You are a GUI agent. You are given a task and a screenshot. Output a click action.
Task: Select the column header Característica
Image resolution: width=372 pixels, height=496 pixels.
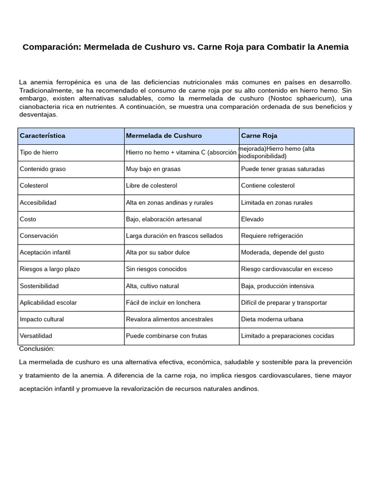pos(42,136)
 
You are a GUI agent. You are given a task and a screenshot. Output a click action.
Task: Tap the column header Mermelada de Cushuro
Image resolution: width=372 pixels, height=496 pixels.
pos(164,136)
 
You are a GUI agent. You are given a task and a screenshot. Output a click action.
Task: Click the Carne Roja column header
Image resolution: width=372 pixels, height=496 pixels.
pos(259,136)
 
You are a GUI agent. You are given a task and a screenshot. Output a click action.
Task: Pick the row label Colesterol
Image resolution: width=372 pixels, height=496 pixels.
pos(34,186)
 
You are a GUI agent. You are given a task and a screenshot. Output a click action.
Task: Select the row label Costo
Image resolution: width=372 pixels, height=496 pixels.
pos(28,219)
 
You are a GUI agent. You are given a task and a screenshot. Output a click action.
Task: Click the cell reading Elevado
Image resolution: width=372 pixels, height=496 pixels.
pos(252,219)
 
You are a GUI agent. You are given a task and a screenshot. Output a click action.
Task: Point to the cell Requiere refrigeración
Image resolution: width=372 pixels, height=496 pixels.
pos(272,235)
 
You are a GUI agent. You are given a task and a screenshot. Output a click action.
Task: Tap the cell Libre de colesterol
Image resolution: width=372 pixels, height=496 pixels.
pos(152,186)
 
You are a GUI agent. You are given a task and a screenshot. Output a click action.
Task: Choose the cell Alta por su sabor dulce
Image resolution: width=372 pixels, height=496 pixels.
pos(158,252)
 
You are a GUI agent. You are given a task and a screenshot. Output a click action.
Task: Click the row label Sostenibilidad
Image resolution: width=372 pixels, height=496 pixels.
pos(39,286)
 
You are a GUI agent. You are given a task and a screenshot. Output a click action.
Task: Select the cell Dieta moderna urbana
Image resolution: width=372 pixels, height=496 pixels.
pos(272,319)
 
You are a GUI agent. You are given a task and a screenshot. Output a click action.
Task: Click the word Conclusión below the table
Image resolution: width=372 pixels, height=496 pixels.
pos(37,349)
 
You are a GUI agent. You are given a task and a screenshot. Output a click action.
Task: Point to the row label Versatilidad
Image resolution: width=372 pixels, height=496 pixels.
pos(36,336)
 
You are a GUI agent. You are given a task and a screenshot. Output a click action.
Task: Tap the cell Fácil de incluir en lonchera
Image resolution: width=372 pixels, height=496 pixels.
pos(162,302)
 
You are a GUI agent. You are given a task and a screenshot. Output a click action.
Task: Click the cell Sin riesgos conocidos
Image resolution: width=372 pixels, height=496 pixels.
pos(156,269)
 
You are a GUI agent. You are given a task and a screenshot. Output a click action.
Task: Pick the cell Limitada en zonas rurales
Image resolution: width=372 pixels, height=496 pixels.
pos(277,202)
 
